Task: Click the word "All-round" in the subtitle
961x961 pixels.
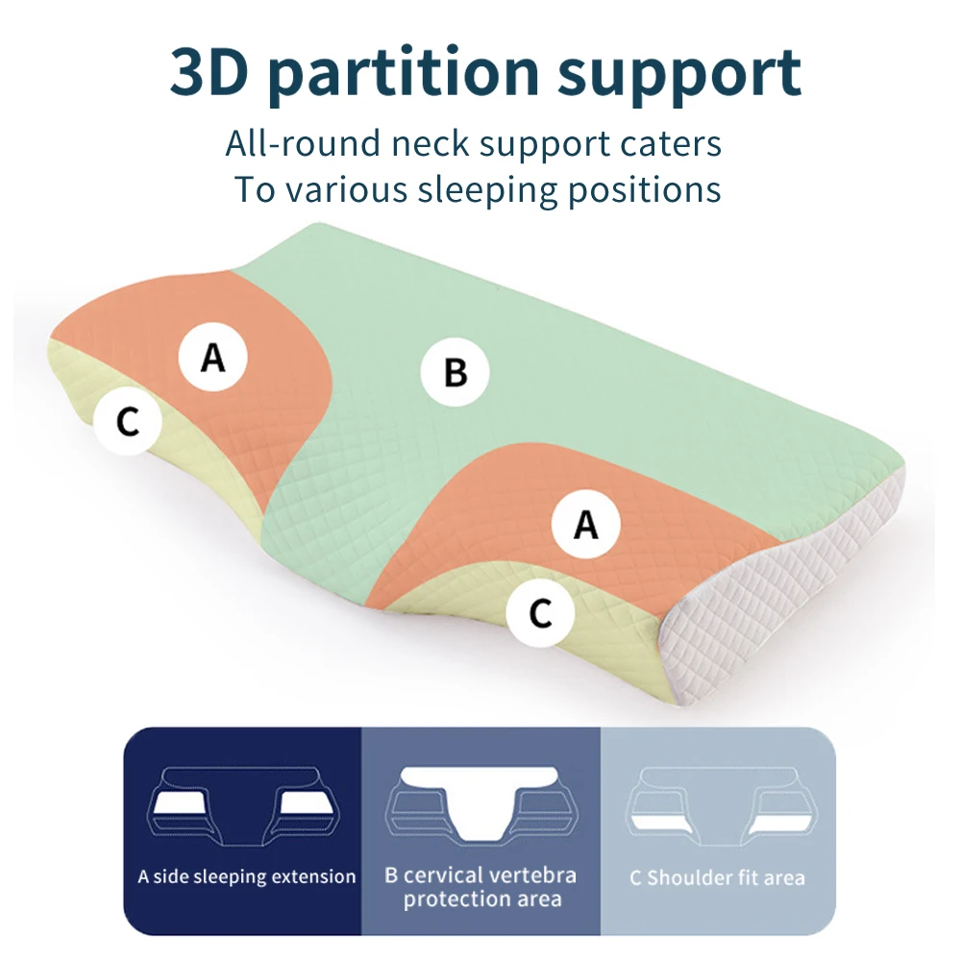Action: click(x=303, y=144)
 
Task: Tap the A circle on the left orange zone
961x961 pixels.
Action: click(x=213, y=357)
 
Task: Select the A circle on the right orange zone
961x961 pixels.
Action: click(x=585, y=525)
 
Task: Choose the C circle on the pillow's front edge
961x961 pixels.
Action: click(x=541, y=612)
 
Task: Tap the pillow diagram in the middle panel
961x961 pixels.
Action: click(x=480, y=803)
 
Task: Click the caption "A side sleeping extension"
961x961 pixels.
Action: click(x=246, y=876)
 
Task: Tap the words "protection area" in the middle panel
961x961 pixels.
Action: click(x=482, y=900)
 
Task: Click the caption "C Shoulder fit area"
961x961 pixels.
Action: click(x=717, y=877)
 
